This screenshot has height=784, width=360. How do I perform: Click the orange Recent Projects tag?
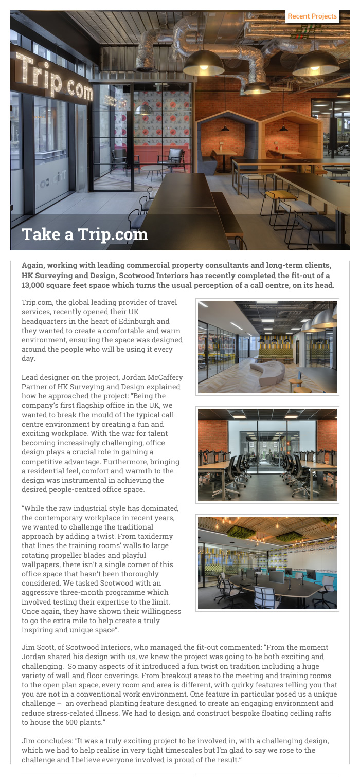312,16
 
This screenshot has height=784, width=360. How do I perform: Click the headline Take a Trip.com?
85,234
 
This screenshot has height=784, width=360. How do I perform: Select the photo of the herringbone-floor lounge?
267,347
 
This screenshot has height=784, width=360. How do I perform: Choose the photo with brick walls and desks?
267,455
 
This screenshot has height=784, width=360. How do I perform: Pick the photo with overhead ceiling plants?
267,563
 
